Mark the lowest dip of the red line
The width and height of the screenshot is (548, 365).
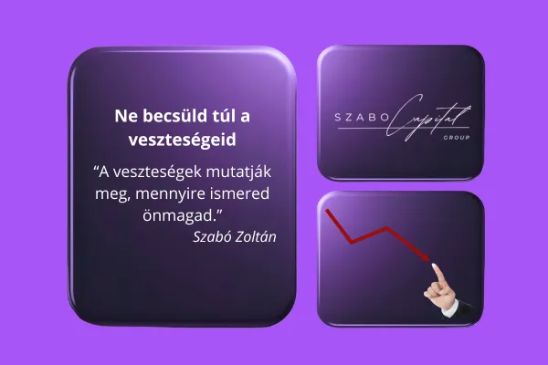tap(352, 242)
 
